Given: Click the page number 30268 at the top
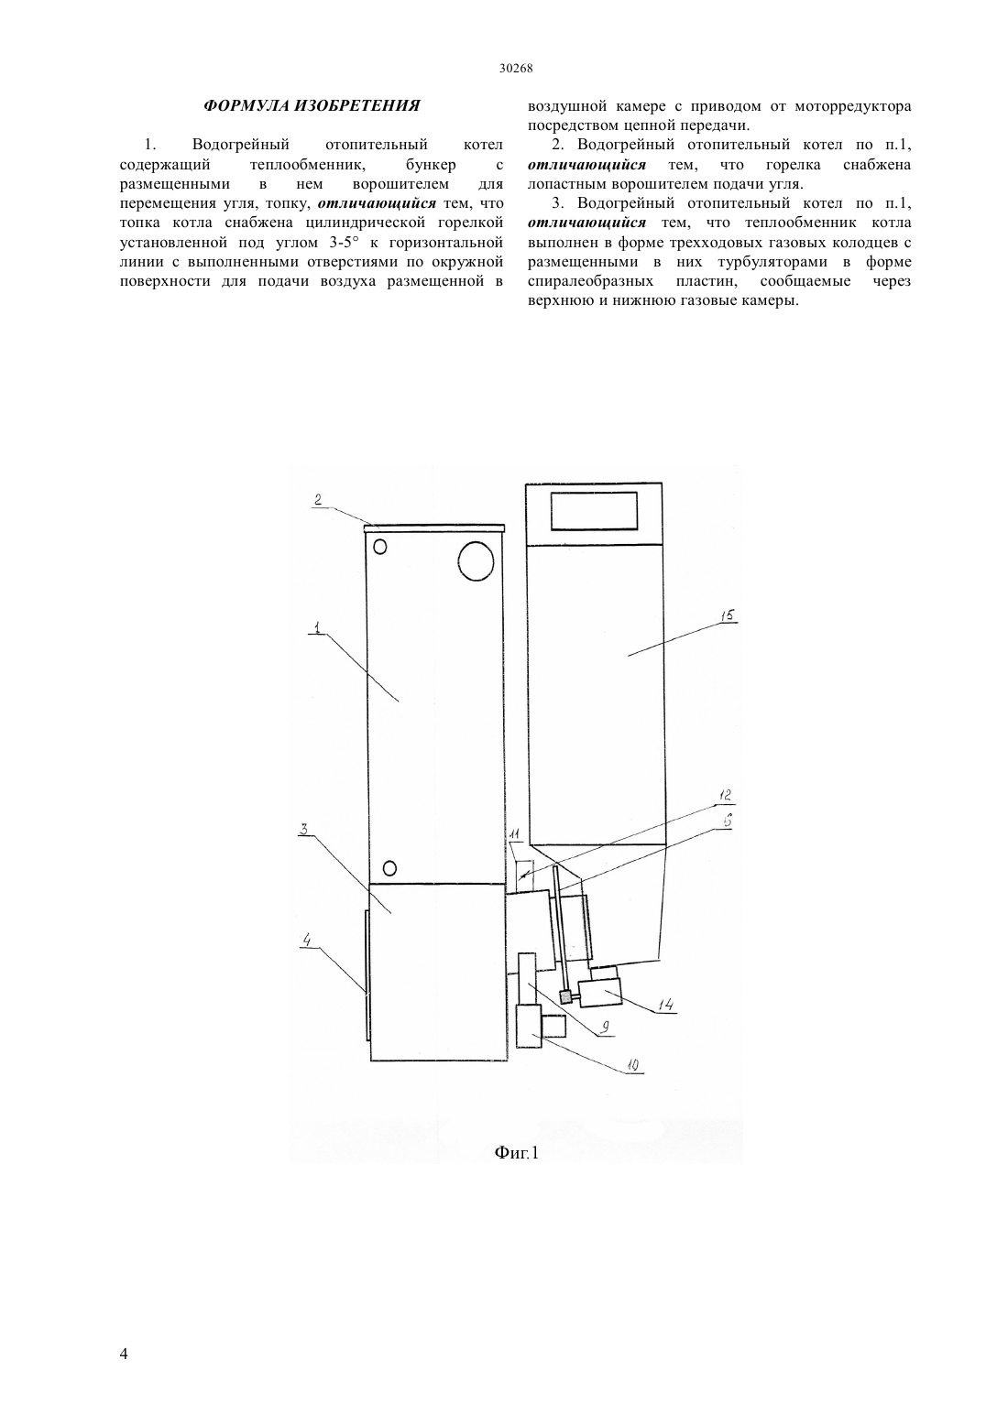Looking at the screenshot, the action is tap(515, 69).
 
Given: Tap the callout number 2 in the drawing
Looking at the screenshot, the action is tap(318, 499).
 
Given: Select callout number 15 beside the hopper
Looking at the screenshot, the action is tap(728, 615).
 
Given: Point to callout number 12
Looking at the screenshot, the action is tap(724, 795).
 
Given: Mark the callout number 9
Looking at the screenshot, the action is tap(605, 1026).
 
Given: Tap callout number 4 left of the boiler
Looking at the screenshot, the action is tap(307, 941).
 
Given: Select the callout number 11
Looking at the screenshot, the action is tap(514, 833).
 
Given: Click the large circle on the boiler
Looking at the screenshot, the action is tap(476, 560).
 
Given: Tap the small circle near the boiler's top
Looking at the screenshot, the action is tap(380, 547).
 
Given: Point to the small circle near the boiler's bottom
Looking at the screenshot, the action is tap(390, 867).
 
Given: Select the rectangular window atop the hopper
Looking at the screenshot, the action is tap(595, 510).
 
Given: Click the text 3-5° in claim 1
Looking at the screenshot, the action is tap(345, 243).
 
